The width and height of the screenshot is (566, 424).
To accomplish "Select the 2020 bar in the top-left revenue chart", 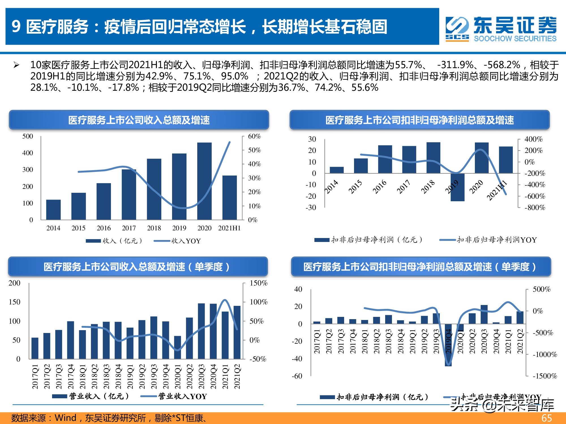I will point(204,181).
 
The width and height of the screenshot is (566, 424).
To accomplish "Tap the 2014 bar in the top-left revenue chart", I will point(53,209).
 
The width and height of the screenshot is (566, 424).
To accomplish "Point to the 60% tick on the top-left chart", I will point(254,136).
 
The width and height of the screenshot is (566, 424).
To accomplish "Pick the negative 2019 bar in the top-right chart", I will point(457,187).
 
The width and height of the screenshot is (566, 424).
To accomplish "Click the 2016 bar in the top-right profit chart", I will point(385,159).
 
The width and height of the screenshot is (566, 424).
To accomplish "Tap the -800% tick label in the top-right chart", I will point(535,207).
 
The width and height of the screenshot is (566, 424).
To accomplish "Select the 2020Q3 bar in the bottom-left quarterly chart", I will point(201,331).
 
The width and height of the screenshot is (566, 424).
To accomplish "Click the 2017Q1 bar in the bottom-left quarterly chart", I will point(35,348).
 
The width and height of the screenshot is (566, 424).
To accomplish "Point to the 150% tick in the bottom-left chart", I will point(258,283).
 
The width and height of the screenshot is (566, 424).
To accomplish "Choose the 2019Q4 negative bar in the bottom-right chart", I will point(448,345).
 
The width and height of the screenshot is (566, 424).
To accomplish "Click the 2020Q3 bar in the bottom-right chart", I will point(484,314).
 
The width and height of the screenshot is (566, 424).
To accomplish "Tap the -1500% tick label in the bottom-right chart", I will point(545,376).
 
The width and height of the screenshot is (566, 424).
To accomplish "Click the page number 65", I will point(546,418).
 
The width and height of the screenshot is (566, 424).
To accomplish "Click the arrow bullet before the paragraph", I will point(16,65).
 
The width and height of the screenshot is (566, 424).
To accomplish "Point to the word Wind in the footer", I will point(65,418).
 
